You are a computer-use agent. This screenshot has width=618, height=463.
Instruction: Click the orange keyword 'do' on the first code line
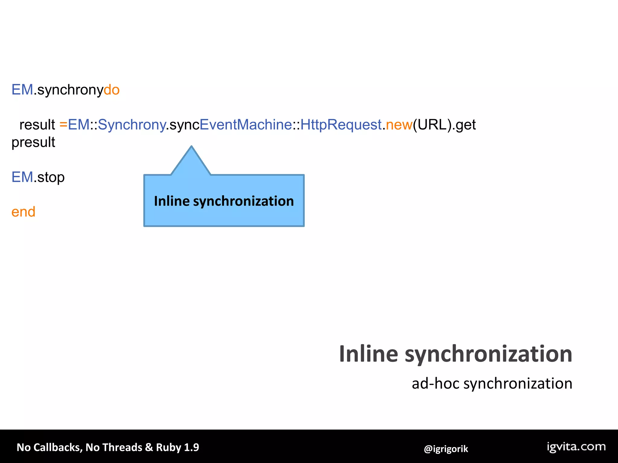point(112,90)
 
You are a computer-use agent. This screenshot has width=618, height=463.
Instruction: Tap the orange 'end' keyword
point(23,212)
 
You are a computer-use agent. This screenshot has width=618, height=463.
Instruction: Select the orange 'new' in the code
point(399,124)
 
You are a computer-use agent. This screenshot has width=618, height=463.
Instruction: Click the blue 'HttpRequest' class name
point(341,124)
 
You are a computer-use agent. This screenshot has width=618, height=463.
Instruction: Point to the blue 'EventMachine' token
point(246,124)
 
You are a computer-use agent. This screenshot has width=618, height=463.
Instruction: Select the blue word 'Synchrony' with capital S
point(132,124)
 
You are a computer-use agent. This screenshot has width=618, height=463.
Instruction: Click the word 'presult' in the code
point(33,142)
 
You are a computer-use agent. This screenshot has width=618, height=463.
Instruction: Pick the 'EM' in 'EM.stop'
point(22,177)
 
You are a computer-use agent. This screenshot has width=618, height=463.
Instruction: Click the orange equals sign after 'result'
point(63,124)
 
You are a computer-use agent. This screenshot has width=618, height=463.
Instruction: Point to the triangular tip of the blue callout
point(191,148)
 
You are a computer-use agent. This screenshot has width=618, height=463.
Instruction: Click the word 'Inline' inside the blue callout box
point(171,201)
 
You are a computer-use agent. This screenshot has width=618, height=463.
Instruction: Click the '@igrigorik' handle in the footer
point(446,449)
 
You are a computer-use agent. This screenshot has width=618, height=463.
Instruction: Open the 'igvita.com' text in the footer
point(576,447)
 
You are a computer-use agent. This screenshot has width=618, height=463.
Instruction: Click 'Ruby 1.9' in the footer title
point(177,447)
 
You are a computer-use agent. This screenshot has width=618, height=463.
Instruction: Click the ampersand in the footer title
point(149,447)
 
